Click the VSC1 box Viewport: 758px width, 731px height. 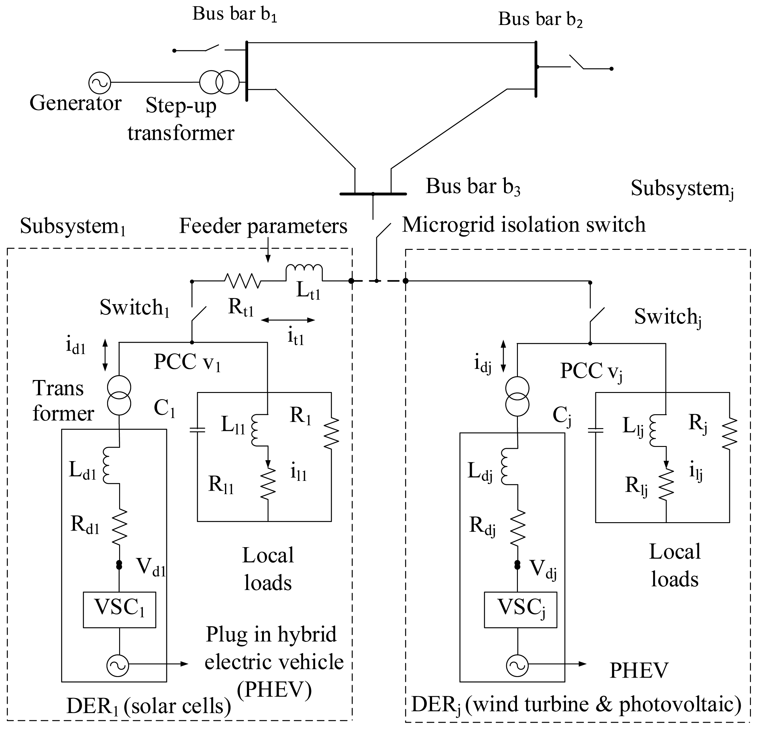pos(119,609)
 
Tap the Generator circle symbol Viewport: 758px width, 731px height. pos(99,82)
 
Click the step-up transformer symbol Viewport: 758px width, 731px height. pos(219,82)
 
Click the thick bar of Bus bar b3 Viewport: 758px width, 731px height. pos(373,194)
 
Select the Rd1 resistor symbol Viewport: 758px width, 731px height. pos(119,527)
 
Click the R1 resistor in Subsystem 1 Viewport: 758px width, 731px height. pos(331,433)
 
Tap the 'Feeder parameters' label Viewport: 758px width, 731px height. pos(263,226)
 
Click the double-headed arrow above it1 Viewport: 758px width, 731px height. pos(288,320)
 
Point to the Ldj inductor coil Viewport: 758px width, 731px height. pos(506,466)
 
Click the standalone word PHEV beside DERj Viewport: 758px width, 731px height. pos(639,671)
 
